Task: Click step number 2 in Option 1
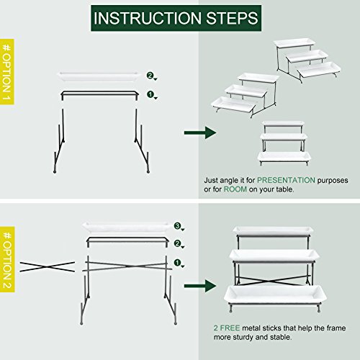tap(150, 75)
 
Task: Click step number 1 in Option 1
tap(150, 94)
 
